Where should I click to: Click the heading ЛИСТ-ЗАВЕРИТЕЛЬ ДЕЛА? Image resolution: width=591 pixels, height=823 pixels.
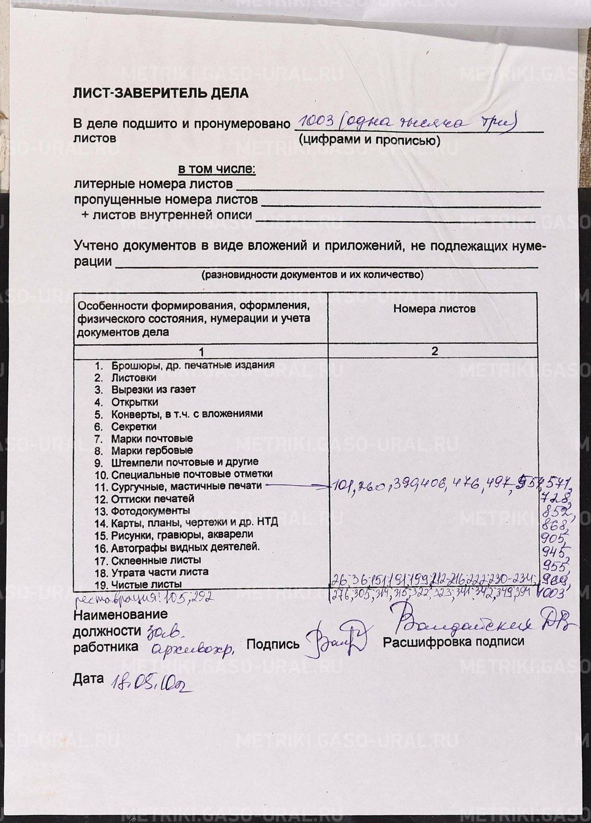161,93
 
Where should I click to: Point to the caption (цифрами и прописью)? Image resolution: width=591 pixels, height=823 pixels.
370,140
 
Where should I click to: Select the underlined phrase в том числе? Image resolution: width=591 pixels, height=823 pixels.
217,169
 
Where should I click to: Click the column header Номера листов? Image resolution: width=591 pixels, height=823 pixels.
434,309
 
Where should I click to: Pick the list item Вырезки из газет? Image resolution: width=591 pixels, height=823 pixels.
153,389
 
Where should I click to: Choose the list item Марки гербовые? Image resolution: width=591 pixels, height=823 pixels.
144,451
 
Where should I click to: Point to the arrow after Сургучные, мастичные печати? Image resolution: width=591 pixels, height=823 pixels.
299,485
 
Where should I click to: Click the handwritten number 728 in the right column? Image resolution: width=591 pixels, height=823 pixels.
554,498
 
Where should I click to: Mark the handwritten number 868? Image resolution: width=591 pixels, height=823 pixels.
555,525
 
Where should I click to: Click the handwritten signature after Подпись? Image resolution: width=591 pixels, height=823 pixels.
334,640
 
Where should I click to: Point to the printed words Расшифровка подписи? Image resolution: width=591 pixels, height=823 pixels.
454,641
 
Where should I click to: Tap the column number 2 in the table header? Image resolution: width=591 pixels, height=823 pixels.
434,351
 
